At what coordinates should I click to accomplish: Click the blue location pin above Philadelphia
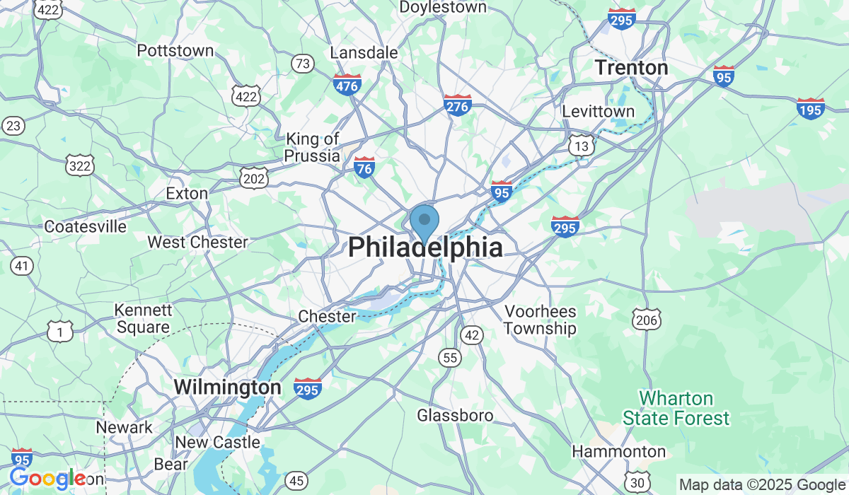pyautogui.click(x=424, y=221)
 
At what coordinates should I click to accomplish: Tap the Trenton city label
pyautogui.click(x=631, y=68)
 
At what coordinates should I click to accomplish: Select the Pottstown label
pyautogui.click(x=175, y=51)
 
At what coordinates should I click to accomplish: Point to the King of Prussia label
pyautogui.click(x=312, y=147)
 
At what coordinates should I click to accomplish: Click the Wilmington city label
pyautogui.click(x=227, y=388)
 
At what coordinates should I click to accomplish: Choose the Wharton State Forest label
pyautogui.click(x=676, y=409)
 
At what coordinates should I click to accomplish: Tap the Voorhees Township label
pyautogui.click(x=540, y=320)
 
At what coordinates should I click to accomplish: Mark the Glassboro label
pyautogui.click(x=455, y=415)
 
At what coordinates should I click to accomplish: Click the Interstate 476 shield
pyautogui.click(x=347, y=86)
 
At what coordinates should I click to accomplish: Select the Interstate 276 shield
pyautogui.click(x=458, y=105)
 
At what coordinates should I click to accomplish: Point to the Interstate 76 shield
pyautogui.click(x=364, y=168)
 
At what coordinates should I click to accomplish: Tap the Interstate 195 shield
pyautogui.click(x=810, y=108)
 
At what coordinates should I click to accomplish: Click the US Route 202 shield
pyautogui.click(x=253, y=177)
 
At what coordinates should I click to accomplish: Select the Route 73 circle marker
pyautogui.click(x=303, y=64)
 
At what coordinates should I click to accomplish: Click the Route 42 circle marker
pyautogui.click(x=471, y=334)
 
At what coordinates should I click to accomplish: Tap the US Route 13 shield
pyautogui.click(x=582, y=145)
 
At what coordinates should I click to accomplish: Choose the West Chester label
pyautogui.click(x=197, y=242)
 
